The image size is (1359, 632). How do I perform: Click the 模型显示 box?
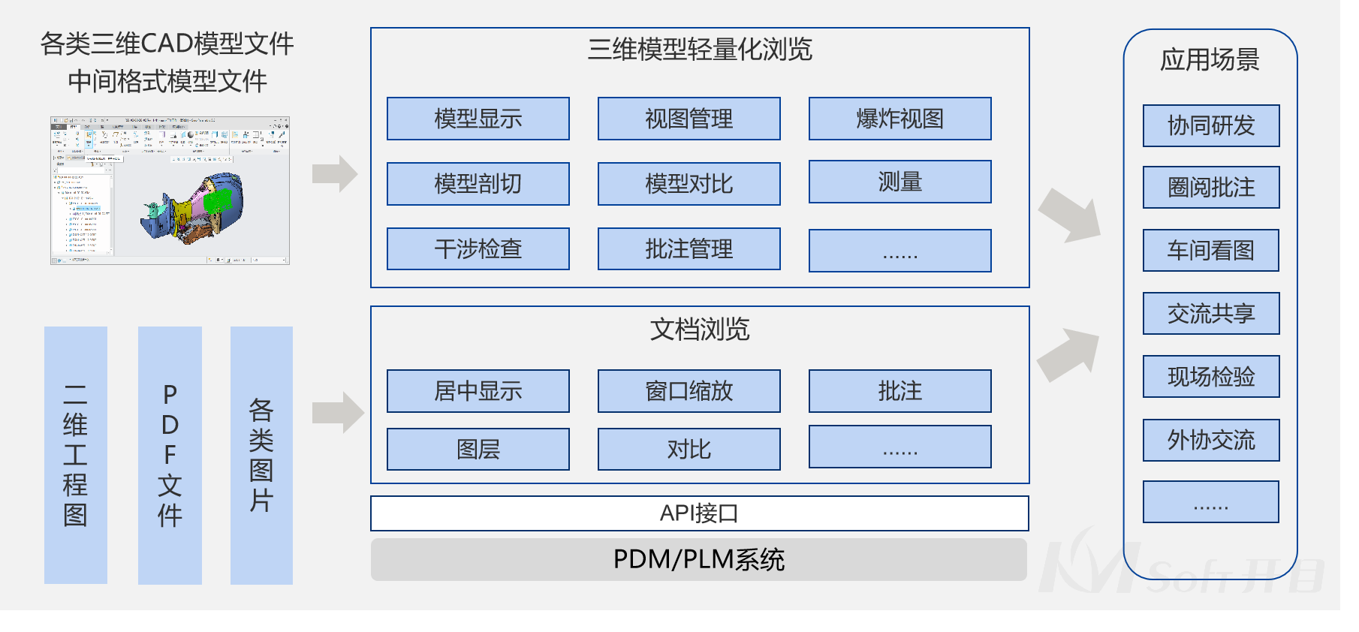pyautogui.click(x=478, y=119)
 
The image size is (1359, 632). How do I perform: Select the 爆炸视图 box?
pyautogui.click(x=899, y=119)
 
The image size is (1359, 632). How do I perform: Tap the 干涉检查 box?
pyautogui.click(x=478, y=248)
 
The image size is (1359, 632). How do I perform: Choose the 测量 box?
pyautogui.click(x=899, y=182)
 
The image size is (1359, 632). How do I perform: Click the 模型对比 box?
pyautogui.click(x=689, y=184)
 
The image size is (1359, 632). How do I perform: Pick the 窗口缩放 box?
pyautogui.click(x=689, y=391)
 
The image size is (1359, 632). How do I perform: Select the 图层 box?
pyautogui.click(x=478, y=449)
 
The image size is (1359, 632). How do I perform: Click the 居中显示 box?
pyautogui.click(x=478, y=391)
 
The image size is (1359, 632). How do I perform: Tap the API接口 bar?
pyautogui.click(x=699, y=513)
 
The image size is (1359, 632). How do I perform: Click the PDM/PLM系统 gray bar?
pyautogui.click(x=699, y=559)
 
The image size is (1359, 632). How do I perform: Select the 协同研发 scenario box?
pyautogui.click(x=1210, y=125)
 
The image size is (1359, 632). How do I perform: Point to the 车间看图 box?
pyautogui.click(x=1210, y=250)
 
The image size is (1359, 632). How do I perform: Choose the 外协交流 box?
pyautogui.click(x=1210, y=440)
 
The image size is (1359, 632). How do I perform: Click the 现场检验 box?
pyautogui.click(x=1210, y=376)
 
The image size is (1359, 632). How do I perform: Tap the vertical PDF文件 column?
pyautogui.click(x=170, y=455)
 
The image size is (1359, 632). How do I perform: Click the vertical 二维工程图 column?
pyautogui.click(x=75, y=455)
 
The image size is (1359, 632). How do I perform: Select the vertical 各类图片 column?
pyautogui.click(x=261, y=455)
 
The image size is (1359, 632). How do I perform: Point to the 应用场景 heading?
pyautogui.click(x=1210, y=60)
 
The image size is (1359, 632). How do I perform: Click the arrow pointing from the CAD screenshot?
pyautogui.click(x=335, y=174)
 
